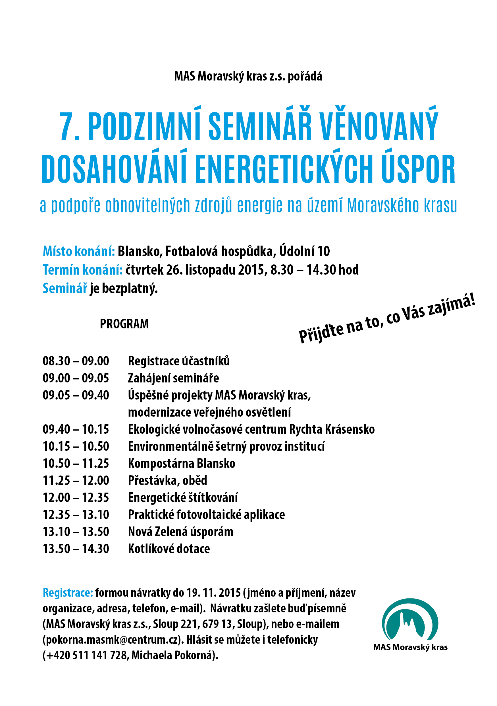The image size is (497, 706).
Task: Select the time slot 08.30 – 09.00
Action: click(x=76, y=361)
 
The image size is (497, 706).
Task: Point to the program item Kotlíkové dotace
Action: click(x=169, y=549)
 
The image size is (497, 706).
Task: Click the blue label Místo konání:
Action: click(x=79, y=251)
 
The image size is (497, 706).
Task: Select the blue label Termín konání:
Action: click(x=82, y=270)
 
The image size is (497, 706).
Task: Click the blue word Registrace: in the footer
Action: click(x=68, y=592)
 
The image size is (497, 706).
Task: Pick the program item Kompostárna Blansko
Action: click(x=181, y=463)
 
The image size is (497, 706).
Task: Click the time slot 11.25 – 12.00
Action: click(x=76, y=481)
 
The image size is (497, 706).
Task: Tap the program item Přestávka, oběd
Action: click(x=167, y=481)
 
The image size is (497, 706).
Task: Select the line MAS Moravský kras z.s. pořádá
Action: click(x=248, y=76)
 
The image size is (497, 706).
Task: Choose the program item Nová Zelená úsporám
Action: click(x=180, y=532)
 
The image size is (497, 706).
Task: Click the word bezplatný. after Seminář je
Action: click(x=130, y=289)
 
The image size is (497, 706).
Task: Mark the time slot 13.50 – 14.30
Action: click(x=76, y=549)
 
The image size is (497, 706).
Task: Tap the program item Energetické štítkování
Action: click(x=183, y=497)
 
